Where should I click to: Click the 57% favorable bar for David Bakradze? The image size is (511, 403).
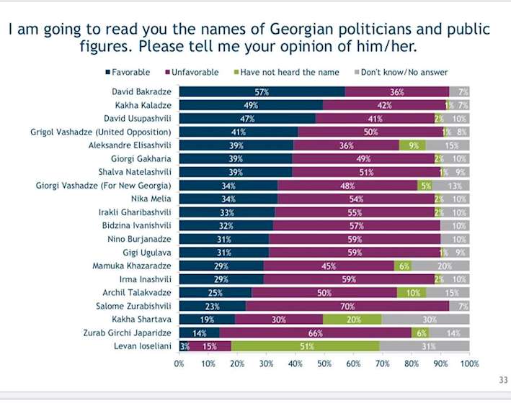(262, 91)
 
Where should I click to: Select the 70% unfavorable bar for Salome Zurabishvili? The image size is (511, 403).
(347, 305)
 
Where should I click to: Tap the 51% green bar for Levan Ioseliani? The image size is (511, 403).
(305, 345)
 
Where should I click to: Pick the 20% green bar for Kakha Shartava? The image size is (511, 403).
(352, 318)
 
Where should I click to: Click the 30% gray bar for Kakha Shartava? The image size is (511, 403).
(425, 318)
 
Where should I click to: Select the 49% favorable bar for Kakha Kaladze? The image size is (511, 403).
(250, 105)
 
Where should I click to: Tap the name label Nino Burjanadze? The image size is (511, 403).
(143, 238)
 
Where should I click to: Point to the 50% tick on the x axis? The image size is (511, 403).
(324, 364)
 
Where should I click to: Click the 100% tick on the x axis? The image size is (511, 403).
(468, 364)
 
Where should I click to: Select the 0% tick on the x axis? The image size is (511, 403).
(179, 364)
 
